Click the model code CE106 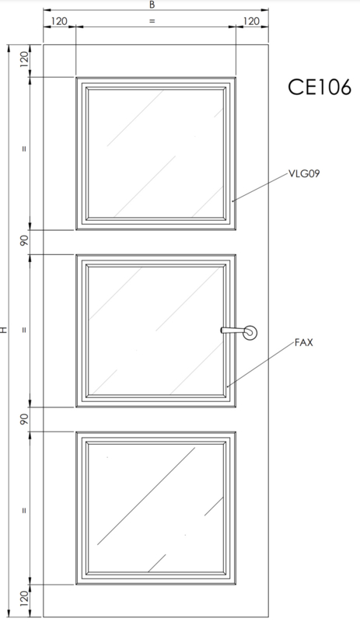click(x=320, y=87)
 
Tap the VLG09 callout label click(x=304, y=173)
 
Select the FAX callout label click(x=304, y=342)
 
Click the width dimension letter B click(x=152, y=5)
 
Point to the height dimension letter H click(x=4, y=330)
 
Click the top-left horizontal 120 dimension click(x=59, y=21)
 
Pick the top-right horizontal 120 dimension click(x=251, y=21)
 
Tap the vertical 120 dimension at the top click(x=25, y=60)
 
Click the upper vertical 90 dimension click(x=25, y=241)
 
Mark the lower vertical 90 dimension click(x=25, y=419)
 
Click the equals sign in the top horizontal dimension click(x=152, y=22)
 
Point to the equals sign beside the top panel click(x=25, y=149)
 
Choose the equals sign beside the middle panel click(x=25, y=330)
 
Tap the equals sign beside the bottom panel click(x=25, y=510)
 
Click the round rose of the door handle click(x=250, y=333)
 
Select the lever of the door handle click(x=232, y=330)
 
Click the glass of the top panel click(x=156, y=153)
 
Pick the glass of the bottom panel click(x=156, y=508)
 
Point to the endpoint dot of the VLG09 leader click(x=233, y=201)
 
